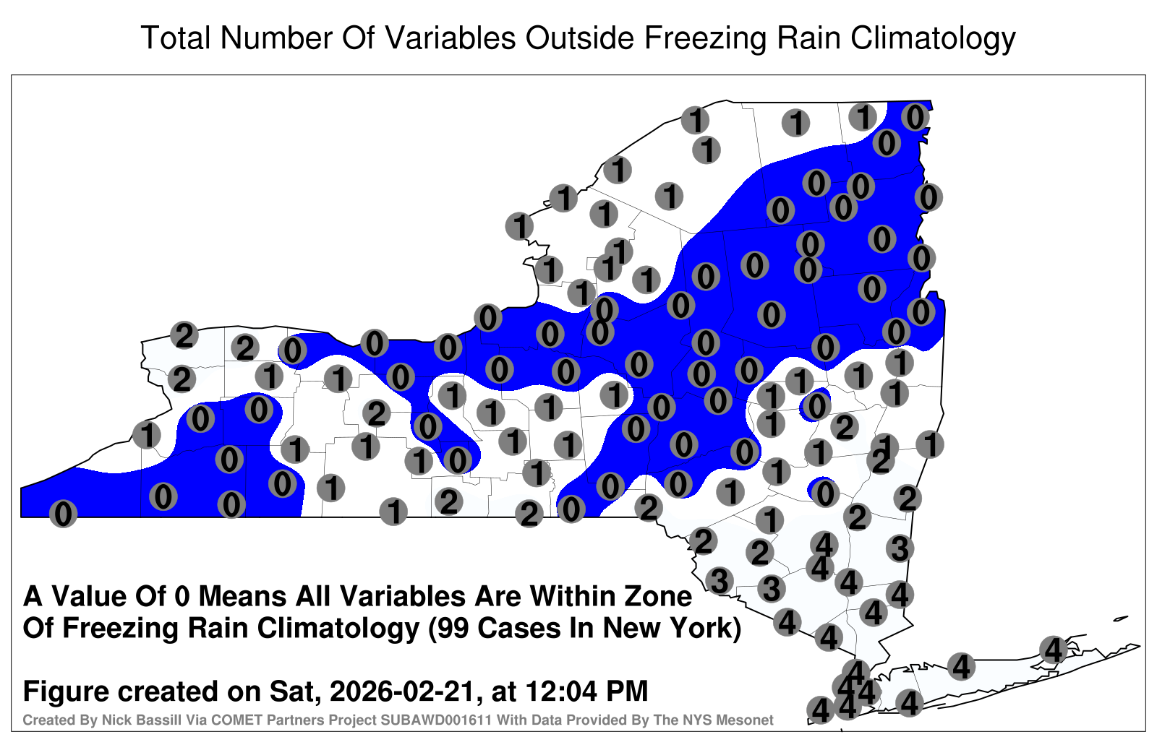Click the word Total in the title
[176, 38]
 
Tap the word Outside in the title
[579, 38]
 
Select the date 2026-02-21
[402, 691]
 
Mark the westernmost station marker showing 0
[63, 514]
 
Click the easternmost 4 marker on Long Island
[1053, 650]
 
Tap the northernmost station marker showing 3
[900, 548]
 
